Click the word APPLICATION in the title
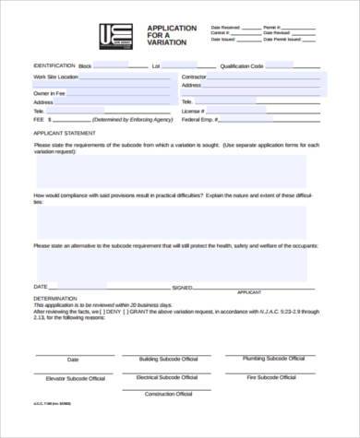tap(172, 29)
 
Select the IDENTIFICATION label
tap(54, 66)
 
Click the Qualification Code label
tap(244, 66)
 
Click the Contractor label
tap(194, 77)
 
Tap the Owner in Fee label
tap(50, 93)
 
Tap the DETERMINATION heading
tap(54, 299)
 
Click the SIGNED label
tap(182, 287)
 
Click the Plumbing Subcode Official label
tap(273, 357)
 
